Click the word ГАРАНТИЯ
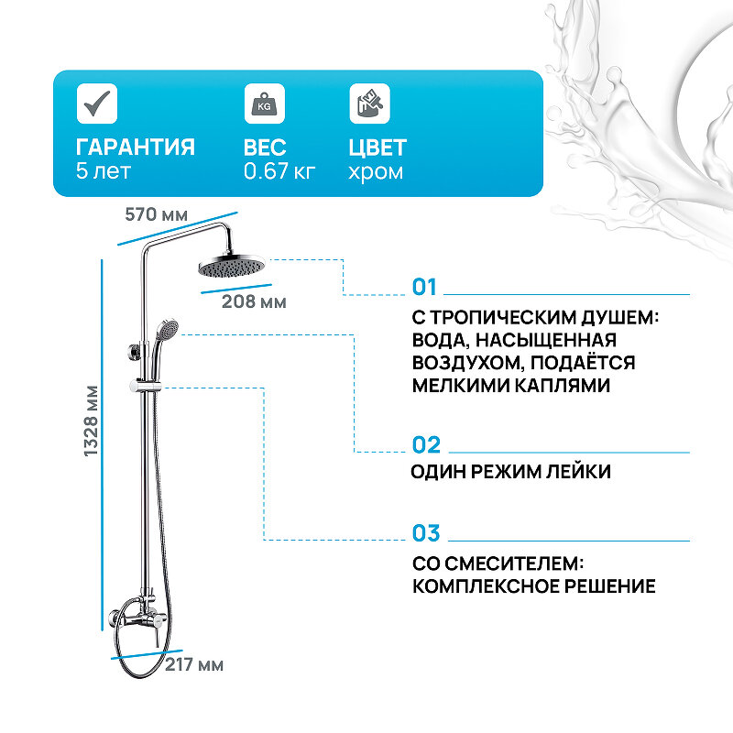pyautogui.click(x=136, y=148)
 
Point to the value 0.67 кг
pyautogui.click(x=279, y=171)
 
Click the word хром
pyautogui.click(x=376, y=171)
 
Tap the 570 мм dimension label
pyautogui.click(x=156, y=214)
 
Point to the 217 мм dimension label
pyautogui.click(x=194, y=664)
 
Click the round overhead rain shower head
pyautogui.click(x=230, y=267)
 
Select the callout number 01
pyautogui.click(x=425, y=288)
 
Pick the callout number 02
pyautogui.click(x=426, y=445)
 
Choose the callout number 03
pyautogui.click(x=426, y=533)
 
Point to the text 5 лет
pyautogui.click(x=104, y=171)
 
